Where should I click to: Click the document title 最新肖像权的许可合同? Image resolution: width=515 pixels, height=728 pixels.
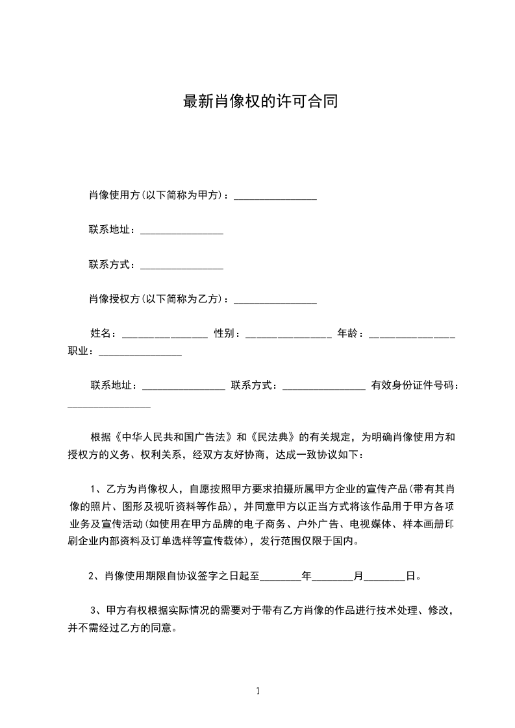click(260, 102)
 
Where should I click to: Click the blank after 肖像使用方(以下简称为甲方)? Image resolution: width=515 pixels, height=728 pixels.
click(275, 197)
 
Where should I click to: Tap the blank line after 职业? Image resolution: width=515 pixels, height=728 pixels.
click(140, 352)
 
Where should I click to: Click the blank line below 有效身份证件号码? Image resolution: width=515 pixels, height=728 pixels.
click(109, 404)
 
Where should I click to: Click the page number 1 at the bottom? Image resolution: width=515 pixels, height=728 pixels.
click(258, 691)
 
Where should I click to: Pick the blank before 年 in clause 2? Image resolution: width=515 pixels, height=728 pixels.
click(281, 576)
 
